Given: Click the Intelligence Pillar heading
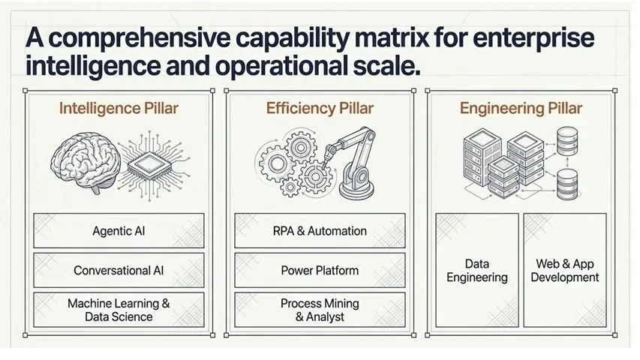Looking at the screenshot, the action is pos(119,109).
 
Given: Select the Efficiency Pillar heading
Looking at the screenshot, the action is pos(320,109).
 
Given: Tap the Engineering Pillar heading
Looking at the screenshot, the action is pos(521,109).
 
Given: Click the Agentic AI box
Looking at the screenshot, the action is pos(119,230).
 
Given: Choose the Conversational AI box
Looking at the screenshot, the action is pos(119,270).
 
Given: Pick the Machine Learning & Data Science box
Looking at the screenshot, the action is pos(119,310).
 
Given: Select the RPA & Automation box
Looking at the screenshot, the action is pos(320,230).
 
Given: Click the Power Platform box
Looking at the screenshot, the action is pos(320,270).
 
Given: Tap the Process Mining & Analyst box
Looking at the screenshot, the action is pos(320,310).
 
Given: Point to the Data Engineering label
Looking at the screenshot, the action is pos(477,271).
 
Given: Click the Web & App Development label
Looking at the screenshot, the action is pos(565,271).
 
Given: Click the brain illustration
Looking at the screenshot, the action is pos(86,163).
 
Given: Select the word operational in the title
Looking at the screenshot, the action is pos(281,66).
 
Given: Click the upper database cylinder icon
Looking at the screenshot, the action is pos(567,141).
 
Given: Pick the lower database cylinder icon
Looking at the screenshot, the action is pos(567,184).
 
